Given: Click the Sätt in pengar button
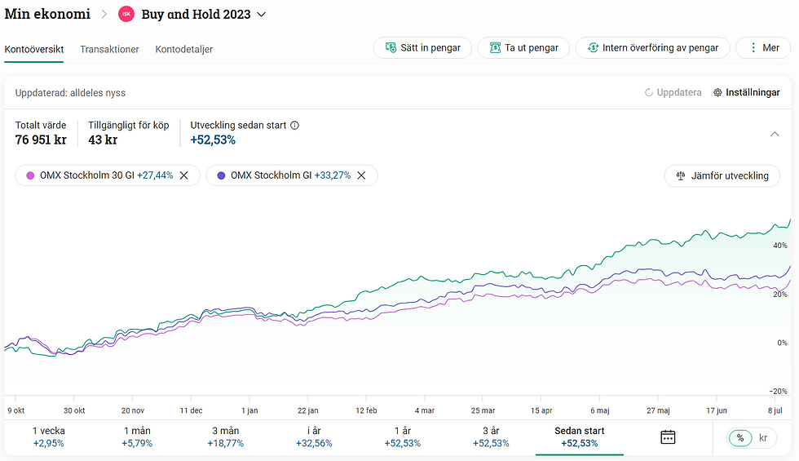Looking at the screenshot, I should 422,48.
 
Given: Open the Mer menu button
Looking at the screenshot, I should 762,48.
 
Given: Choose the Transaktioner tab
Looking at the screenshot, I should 109,49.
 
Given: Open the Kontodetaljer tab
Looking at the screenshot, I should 183,49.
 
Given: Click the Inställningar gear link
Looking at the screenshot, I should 747,93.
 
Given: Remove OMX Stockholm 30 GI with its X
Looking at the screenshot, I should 184,175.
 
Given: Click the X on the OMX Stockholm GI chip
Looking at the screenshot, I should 361,175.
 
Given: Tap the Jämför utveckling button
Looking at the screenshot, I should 722,175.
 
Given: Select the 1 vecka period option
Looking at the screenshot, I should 49,437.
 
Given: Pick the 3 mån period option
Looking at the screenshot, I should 226,437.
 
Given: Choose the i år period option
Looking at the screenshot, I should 314,437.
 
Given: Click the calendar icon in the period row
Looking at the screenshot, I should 668,437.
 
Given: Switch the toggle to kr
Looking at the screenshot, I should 763,437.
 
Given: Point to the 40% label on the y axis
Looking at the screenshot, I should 779,245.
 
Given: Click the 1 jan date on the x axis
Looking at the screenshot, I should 250,410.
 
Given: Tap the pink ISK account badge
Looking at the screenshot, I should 126,14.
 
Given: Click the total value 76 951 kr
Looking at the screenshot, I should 41,140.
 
